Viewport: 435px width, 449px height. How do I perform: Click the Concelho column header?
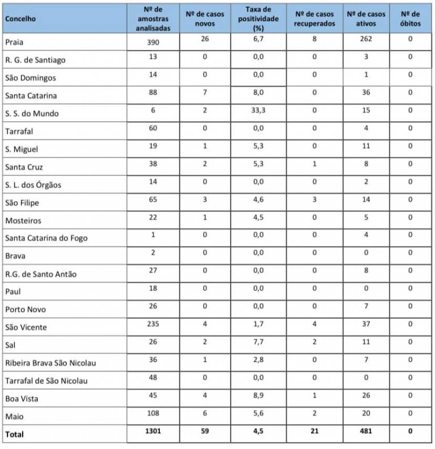click(20, 18)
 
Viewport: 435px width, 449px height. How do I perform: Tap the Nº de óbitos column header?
click(410, 18)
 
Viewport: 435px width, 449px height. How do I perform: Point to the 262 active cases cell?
click(364, 40)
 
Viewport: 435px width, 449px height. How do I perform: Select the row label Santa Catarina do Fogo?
click(46, 238)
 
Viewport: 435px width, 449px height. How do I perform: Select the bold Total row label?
click(15, 434)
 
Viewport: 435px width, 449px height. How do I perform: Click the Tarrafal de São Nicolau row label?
click(46, 380)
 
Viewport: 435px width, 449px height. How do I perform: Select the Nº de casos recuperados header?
click(315, 18)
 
